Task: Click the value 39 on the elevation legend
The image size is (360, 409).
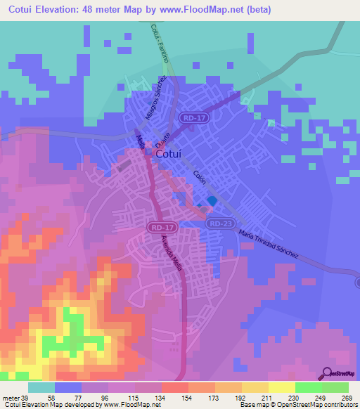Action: [x=23, y=398]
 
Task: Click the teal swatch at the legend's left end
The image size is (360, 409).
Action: [x=41, y=387]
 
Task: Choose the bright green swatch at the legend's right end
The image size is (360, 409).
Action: [x=335, y=387]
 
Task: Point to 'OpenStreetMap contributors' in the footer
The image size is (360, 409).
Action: [x=323, y=405]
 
